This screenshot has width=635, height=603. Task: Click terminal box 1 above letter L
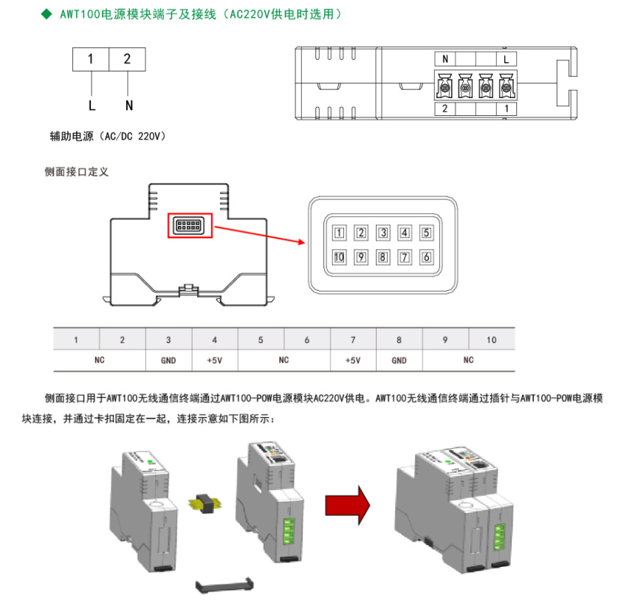coord(90,59)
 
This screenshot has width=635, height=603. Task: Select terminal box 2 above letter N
coord(127,59)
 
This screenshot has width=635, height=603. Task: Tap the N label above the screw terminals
coord(444,59)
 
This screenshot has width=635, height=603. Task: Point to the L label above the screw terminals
coord(505,59)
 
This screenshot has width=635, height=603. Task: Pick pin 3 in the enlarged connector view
coord(383,233)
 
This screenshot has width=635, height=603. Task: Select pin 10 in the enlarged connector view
coord(339,257)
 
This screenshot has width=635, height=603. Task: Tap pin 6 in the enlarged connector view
coord(426,257)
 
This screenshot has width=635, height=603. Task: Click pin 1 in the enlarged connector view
coord(339,233)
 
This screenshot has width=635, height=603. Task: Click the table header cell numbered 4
coord(215,340)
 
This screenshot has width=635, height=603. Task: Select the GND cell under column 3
coord(168,361)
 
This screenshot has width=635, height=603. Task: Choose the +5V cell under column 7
coord(353,361)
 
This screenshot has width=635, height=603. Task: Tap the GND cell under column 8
coord(399,361)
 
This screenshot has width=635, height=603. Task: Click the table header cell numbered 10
coord(492,340)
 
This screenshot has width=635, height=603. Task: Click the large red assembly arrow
coord(346,505)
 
